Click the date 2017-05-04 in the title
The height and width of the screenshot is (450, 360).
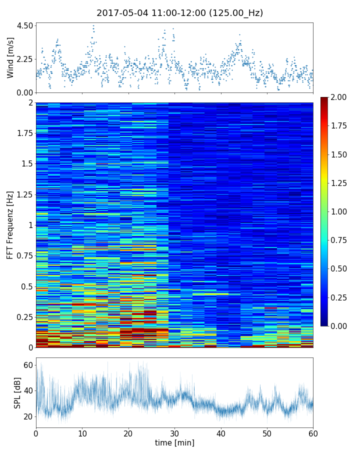pos(120,13)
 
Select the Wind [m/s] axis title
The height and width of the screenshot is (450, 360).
pos(10,58)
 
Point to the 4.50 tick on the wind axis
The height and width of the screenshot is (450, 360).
pos(25,25)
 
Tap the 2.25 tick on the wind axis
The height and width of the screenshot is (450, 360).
pos(25,59)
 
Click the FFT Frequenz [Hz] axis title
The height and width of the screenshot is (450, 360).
pos(10,224)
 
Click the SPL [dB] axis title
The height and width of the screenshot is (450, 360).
pos(17,392)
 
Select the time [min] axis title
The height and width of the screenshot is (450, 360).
pos(174,442)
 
